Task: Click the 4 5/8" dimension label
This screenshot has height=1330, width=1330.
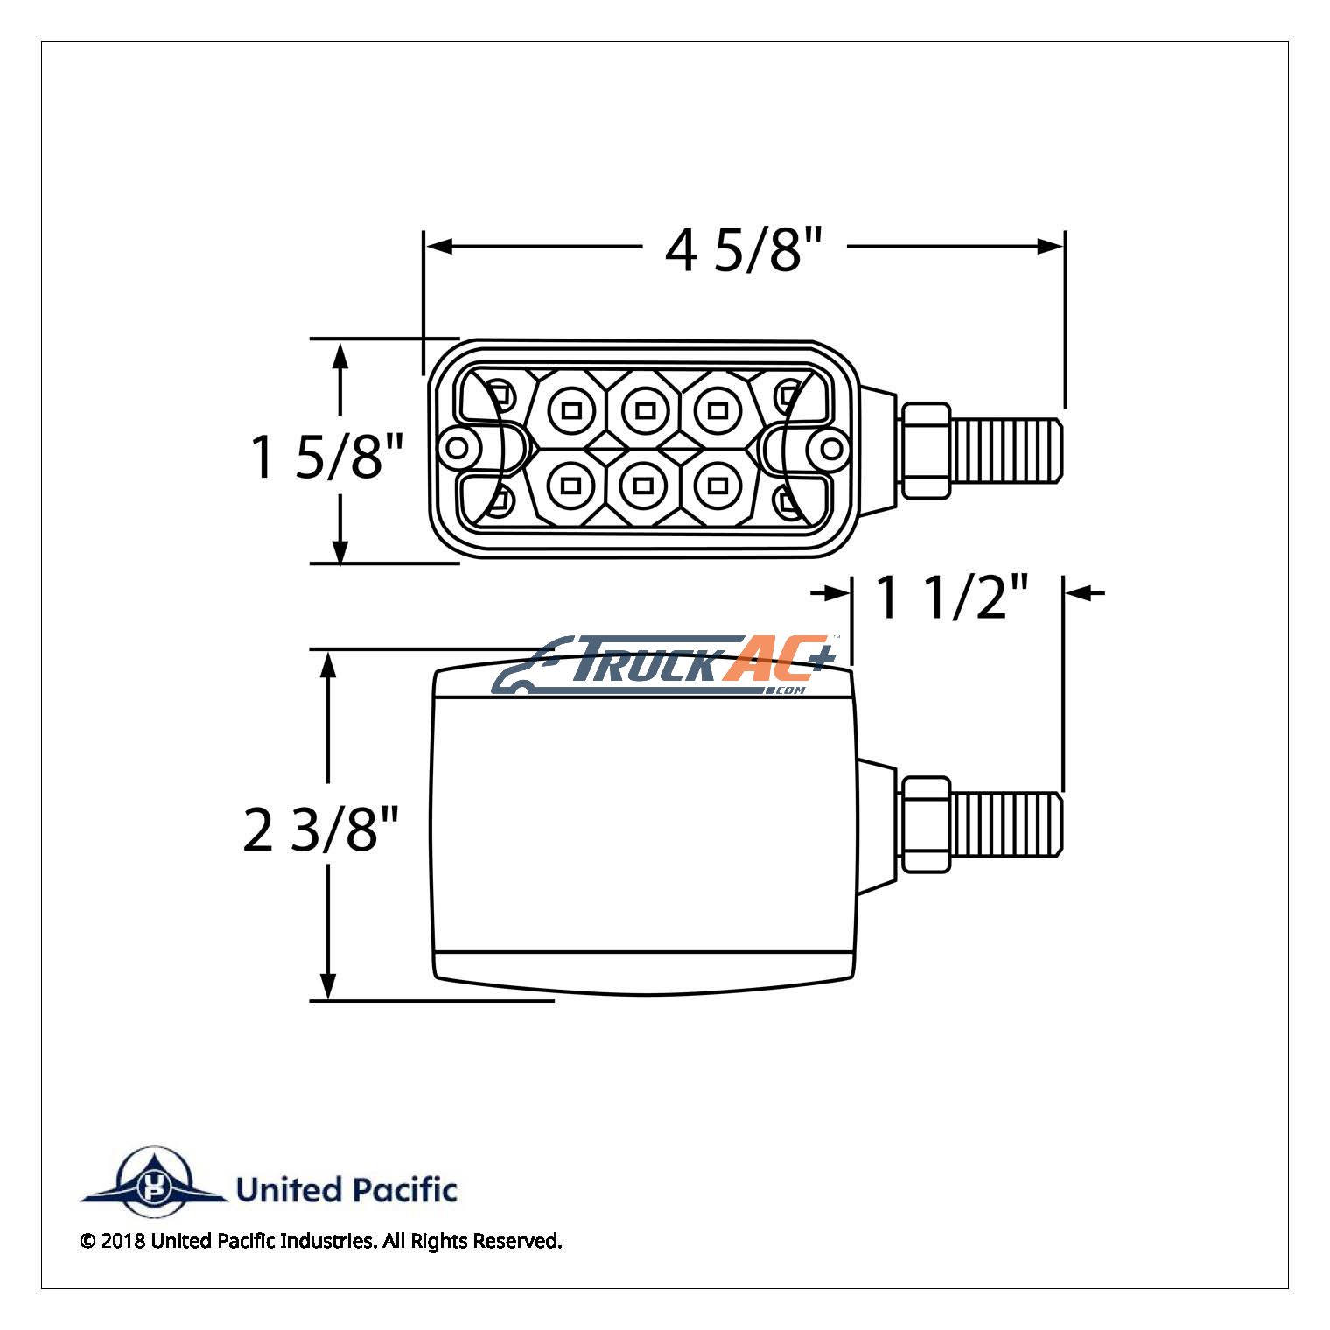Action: (x=744, y=248)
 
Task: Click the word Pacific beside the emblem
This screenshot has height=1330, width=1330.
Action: (x=403, y=1190)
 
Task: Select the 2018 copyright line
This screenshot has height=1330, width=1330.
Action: (x=320, y=1241)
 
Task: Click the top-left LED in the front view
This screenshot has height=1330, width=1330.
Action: (x=571, y=409)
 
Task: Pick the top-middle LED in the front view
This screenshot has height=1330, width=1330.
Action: (x=645, y=409)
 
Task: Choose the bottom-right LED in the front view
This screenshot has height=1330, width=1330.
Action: (x=717, y=484)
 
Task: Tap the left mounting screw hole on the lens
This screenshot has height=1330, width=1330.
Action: (x=457, y=450)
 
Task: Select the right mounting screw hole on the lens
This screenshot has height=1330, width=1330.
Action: (x=831, y=450)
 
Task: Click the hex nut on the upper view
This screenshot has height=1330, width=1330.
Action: (x=926, y=451)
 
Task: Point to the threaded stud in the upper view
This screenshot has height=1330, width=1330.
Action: (x=1007, y=451)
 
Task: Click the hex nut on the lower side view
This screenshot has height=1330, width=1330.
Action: (x=926, y=824)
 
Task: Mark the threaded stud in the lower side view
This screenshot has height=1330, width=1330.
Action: (x=1007, y=824)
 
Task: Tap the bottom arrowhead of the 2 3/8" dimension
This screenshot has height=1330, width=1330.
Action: (x=328, y=985)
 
